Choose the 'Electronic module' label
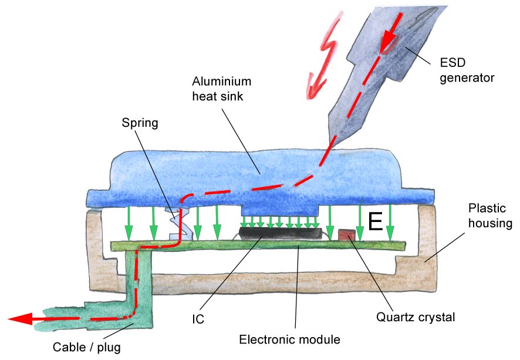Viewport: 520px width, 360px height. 290,339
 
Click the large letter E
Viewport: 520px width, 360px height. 375,221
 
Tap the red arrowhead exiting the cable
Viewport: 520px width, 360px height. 21,319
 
